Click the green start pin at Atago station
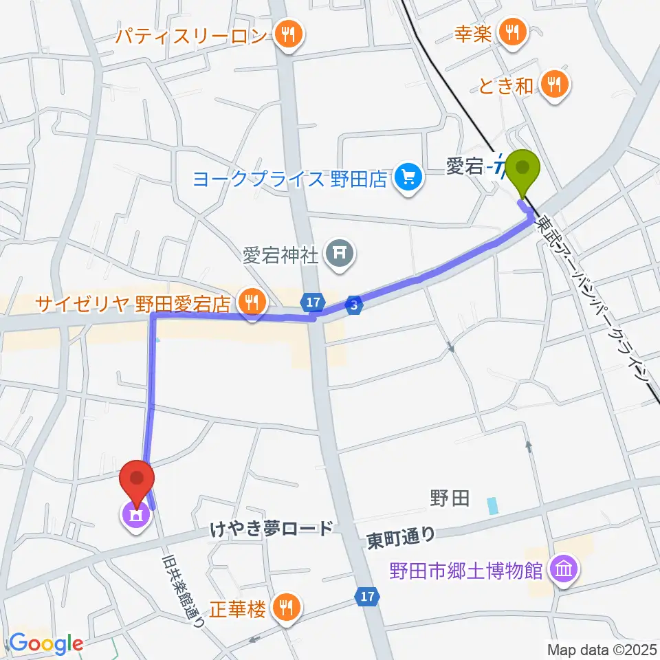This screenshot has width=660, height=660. tap(523, 168)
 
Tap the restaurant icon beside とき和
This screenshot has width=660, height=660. tap(553, 86)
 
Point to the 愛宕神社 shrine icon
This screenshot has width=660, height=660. tap(338, 255)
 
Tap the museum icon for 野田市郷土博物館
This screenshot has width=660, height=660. tap(564, 569)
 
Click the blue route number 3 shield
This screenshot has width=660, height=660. tap(353, 307)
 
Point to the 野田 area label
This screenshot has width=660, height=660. tap(450, 498)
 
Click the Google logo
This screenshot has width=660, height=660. tap(45, 644)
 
